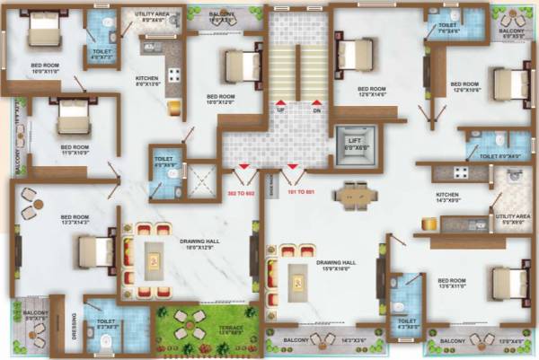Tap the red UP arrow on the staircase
tap(280, 104)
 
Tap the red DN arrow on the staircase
tap(315, 104)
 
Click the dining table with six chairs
tap(355, 193)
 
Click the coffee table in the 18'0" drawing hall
tap(155, 259)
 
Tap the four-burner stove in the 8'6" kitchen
tap(172, 76)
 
